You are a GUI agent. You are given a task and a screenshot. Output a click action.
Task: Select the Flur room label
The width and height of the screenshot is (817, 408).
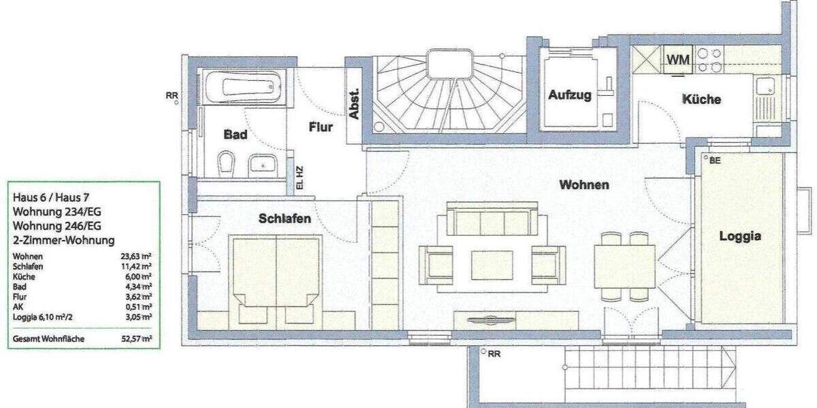(321, 126)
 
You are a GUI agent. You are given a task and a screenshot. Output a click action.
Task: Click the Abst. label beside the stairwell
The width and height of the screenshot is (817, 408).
(354, 105)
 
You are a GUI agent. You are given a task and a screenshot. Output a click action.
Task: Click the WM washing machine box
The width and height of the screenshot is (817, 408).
(677, 60)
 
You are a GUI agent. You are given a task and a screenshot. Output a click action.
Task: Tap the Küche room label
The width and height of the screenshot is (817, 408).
(701, 99)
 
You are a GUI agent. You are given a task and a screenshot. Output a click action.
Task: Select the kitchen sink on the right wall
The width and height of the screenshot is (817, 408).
(763, 86)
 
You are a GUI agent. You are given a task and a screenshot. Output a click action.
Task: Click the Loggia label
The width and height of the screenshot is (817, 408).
(740, 237)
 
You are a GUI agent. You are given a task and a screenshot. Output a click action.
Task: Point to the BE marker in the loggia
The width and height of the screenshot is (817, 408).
(715, 160)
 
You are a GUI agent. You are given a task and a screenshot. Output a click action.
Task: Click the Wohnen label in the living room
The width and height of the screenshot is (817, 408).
(583, 184)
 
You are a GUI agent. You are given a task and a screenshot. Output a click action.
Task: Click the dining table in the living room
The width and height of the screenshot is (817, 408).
(624, 266)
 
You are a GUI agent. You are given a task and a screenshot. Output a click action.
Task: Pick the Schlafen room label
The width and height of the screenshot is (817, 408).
(285, 218)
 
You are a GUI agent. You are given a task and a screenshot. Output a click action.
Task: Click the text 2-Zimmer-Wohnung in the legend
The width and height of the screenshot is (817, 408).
(63, 240)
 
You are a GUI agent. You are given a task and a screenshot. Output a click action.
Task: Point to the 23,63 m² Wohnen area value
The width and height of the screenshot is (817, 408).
(137, 256)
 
